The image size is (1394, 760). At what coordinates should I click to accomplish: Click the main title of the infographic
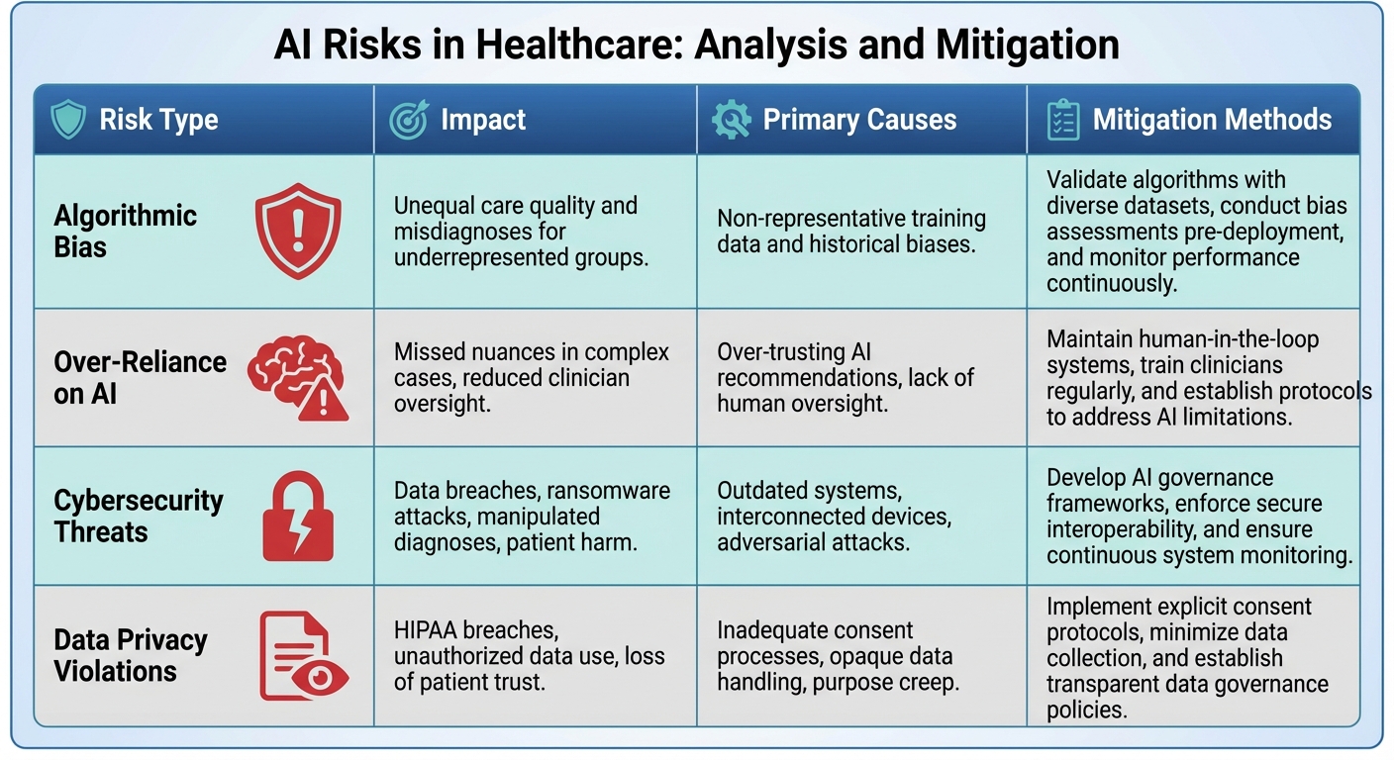tap(696, 45)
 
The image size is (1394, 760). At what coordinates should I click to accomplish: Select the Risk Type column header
tap(158, 121)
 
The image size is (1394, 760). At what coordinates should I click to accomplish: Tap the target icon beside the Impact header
tap(408, 121)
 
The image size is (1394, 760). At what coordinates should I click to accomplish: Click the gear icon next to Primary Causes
tap(731, 121)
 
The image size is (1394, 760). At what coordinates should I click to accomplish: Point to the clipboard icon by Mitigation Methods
tap(1062, 121)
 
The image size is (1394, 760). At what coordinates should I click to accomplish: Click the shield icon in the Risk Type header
tap(68, 121)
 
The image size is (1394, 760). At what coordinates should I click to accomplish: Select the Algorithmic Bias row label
tap(125, 231)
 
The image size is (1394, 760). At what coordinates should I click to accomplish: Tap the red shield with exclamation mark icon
tap(298, 230)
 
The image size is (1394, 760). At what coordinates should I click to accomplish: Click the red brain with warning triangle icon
tap(298, 377)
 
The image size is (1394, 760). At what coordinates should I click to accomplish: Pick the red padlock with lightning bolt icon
tap(298, 516)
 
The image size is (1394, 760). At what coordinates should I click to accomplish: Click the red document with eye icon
tap(303, 655)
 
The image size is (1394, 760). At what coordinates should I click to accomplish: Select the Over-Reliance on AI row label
tap(140, 377)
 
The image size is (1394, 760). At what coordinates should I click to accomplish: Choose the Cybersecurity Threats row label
tap(138, 516)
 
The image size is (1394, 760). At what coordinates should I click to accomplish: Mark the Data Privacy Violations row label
tap(130, 655)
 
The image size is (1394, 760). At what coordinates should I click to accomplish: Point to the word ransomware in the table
tap(609, 491)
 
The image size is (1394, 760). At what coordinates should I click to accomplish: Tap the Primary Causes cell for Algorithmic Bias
tap(850, 231)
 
